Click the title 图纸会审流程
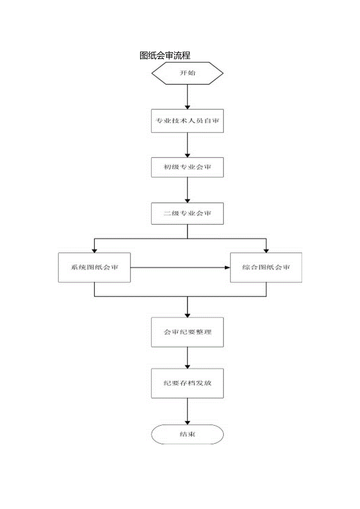click(165, 56)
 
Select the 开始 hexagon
click(187, 73)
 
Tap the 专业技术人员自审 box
click(187, 121)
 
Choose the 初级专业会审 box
click(187, 167)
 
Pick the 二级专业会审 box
click(187, 214)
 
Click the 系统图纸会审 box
click(94, 268)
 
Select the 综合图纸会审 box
click(266, 268)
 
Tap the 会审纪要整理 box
click(187, 332)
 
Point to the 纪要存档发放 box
click(187, 383)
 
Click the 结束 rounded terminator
click(187, 434)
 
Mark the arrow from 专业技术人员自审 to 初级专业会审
click(187, 145)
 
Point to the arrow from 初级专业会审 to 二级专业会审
click(187, 191)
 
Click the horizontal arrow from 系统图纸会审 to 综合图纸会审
click(180, 268)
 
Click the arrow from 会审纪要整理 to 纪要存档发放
click(187, 358)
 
